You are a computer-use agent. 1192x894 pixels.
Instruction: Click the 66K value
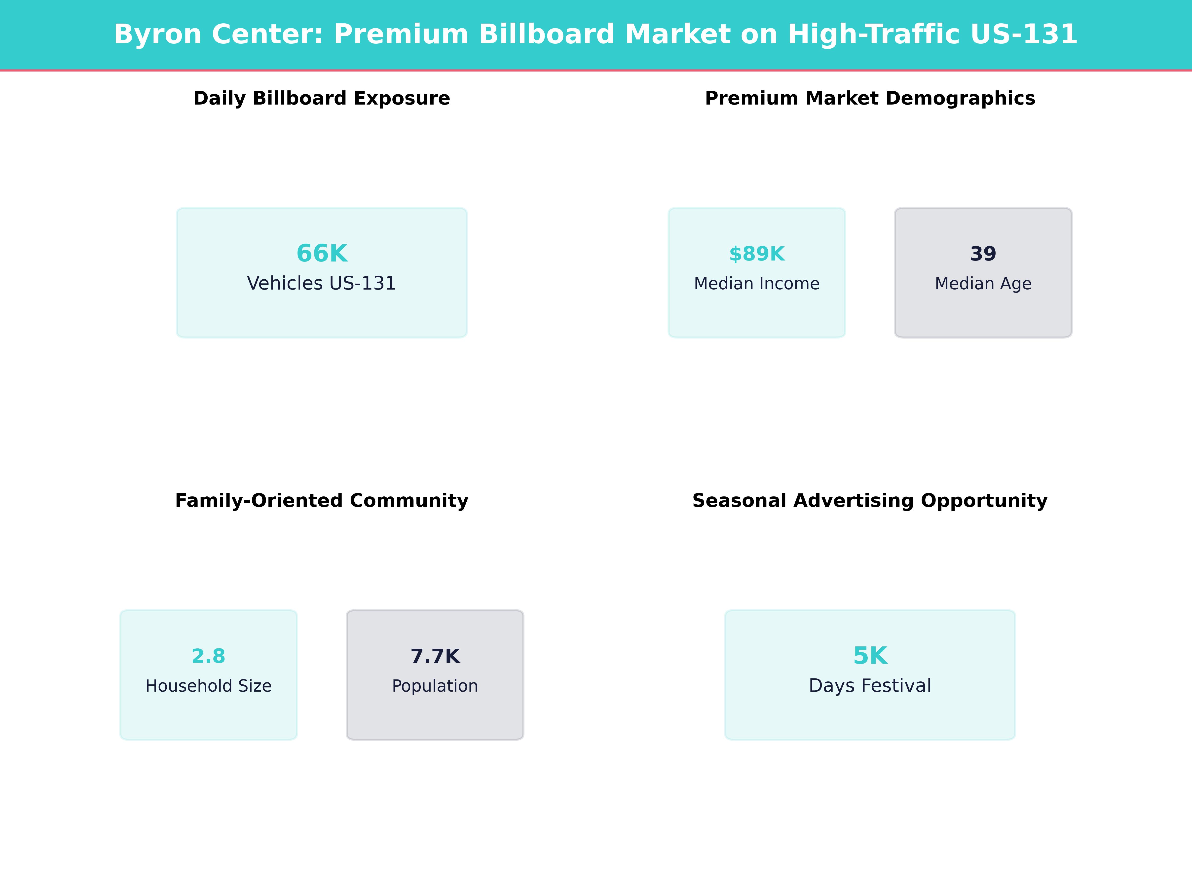[x=322, y=253]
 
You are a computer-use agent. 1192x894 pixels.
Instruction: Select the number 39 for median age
[x=983, y=253]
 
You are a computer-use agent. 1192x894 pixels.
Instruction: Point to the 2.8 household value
[x=208, y=656]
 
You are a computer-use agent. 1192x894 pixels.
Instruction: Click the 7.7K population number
[x=435, y=656]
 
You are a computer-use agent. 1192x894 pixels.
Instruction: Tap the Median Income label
[x=757, y=283]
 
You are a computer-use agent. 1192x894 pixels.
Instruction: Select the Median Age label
[x=983, y=283]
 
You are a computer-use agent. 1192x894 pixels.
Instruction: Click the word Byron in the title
[x=157, y=35]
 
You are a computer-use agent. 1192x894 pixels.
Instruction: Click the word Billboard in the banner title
[x=546, y=35]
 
